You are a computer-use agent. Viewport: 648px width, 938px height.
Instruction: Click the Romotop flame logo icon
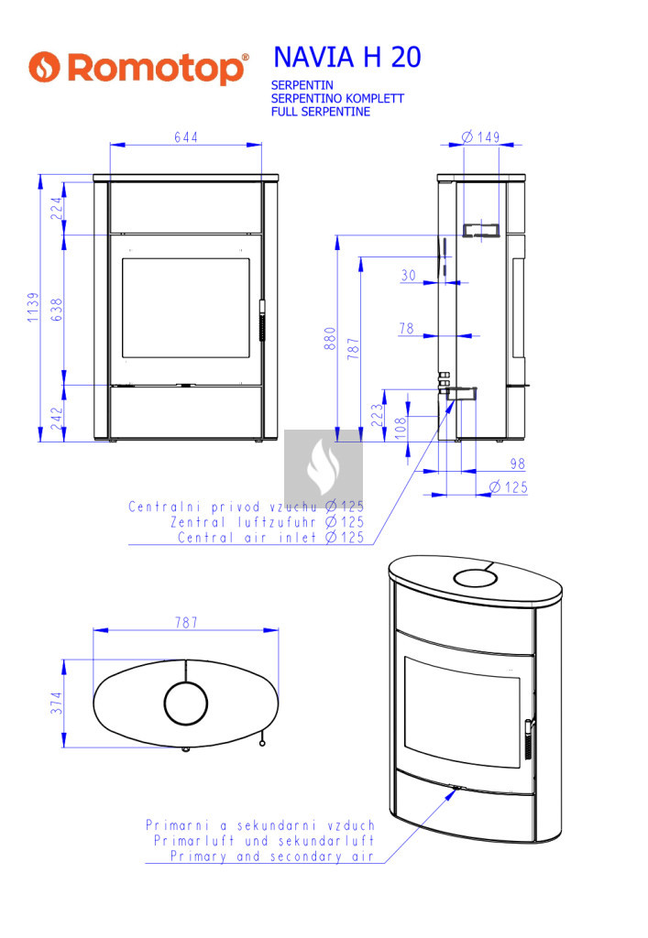click(44, 67)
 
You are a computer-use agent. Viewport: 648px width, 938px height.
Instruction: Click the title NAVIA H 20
click(347, 58)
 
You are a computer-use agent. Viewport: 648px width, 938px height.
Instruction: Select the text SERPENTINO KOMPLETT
click(337, 98)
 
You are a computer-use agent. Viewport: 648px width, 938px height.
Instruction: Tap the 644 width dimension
click(186, 137)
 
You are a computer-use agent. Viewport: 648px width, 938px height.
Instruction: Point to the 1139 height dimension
click(33, 308)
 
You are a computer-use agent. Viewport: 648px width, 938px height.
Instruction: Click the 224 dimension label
click(56, 208)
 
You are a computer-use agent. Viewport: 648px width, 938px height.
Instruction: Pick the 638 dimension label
click(56, 310)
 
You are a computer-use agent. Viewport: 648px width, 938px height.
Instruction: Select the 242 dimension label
click(56, 418)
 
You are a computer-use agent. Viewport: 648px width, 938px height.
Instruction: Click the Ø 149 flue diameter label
click(481, 137)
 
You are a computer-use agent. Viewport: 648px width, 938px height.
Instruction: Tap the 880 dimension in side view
click(330, 339)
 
